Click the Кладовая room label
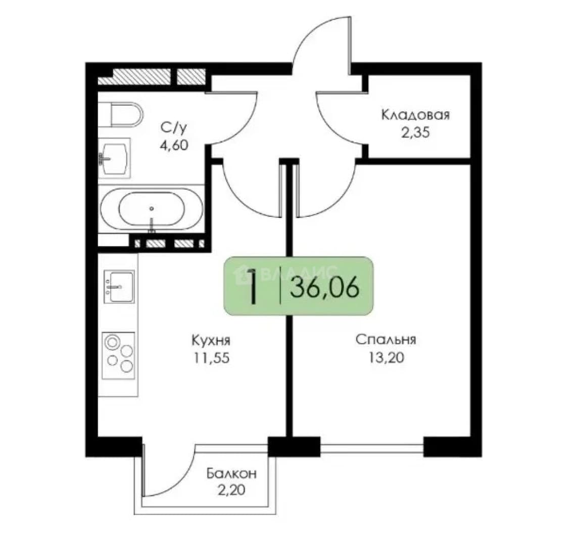pyautogui.click(x=415, y=115)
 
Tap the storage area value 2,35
pyautogui.click(x=415, y=132)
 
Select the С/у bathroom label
pyautogui.click(x=174, y=127)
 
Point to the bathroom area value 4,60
pyautogui.click(x=174, y=145)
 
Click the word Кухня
pyautogui.click(x=211, y=341)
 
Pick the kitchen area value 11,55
pyautogui.click(x=211, y=358)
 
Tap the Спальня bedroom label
pyautogui.click(x=386, y=340)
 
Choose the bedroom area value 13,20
pyautogui.click(x=386, y=358)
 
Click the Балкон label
pyautogui.click(x=231, y=473)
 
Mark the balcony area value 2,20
pyautogui.click(x=231, y=490)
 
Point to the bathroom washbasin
pyautogui.click(x=114, y=158)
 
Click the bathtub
pyautogui.click(x=151, y=209)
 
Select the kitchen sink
pyautogui.click(x=119, y=287)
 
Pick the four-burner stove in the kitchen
pyautogui.click(x=118, y=355)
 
